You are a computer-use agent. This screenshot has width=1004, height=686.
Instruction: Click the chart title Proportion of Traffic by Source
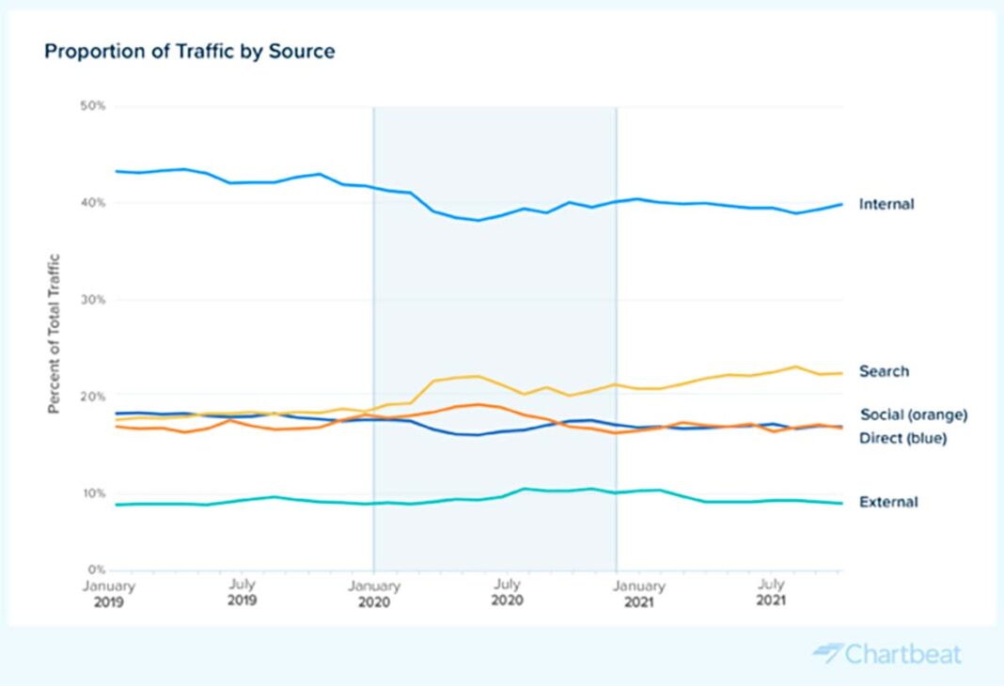(x=189, y=52)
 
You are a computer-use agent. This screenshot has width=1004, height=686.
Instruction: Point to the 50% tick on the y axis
(x=92, y=106)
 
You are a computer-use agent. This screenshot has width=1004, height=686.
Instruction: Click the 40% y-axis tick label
(x=92, y=203)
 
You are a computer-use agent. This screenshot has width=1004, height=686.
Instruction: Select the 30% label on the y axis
(x=92, y=300)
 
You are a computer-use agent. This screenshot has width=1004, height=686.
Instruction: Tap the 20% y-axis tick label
(x=92, y=397)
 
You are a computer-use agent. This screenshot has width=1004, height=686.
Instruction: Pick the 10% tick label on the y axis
(x=92, y=493)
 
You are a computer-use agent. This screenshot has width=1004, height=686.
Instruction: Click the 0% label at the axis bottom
(x=95, y=569)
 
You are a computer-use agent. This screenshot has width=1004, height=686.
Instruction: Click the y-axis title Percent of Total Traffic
(x=55, y=334)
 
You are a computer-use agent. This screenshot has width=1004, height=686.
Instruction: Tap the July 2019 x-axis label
(x=243, y=592)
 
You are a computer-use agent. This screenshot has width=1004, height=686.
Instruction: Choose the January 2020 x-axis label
(x=374, y=592)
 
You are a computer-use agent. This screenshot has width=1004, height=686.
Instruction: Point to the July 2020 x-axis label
(x=507, y=592)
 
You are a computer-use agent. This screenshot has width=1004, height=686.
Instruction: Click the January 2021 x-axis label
(x=639, y=592)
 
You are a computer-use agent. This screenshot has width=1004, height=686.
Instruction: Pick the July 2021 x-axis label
(x=771, y=592)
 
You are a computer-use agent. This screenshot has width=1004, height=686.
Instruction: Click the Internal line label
(x=886, y=204)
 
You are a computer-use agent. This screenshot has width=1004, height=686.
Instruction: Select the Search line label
(x=884, y=371)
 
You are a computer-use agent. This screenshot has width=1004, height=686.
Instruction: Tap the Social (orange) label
(x=914, y=414)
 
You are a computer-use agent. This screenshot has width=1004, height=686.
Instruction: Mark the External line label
(x=888, y=502)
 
